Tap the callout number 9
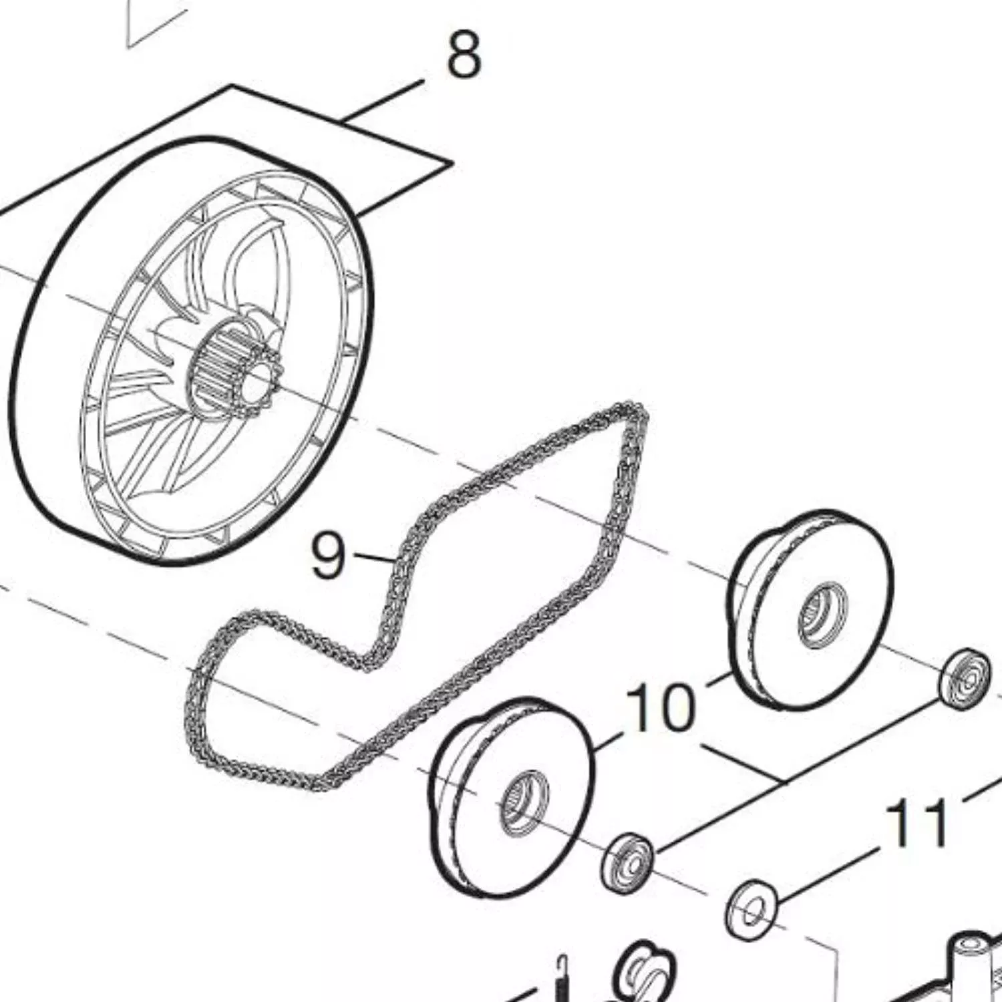pyautogui.click(x=329, y=554)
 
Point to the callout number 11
pyautogui.click(x=916, y=823)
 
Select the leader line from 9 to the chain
pyautogui.click(x=375, y=556)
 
